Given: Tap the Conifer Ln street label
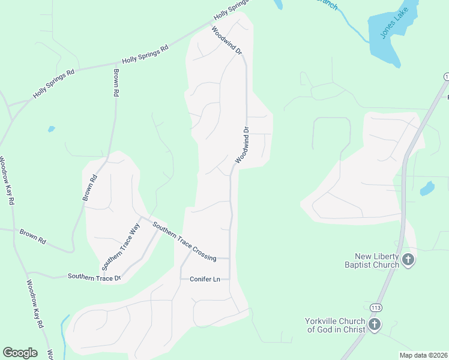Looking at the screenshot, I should (x=205, y=279).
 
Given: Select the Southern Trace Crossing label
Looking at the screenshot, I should (x=184, y=241).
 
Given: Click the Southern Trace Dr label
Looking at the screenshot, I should (x=94, y=277).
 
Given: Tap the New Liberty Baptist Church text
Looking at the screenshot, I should (x=372, y=260).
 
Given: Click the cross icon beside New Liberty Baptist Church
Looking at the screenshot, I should (x=408, y=260).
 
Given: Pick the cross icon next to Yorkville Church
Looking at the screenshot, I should (x=375, y=325).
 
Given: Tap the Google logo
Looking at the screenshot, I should (x=20, y=352).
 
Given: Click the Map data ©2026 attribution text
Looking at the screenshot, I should (x=424, y=355).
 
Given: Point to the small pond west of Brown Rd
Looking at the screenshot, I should (x=51, y=128).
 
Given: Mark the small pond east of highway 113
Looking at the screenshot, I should (x=427, y=189).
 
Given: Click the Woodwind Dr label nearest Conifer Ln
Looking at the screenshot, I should (x=243, y=145).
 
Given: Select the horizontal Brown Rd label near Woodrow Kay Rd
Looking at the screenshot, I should (x=32, y=236).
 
